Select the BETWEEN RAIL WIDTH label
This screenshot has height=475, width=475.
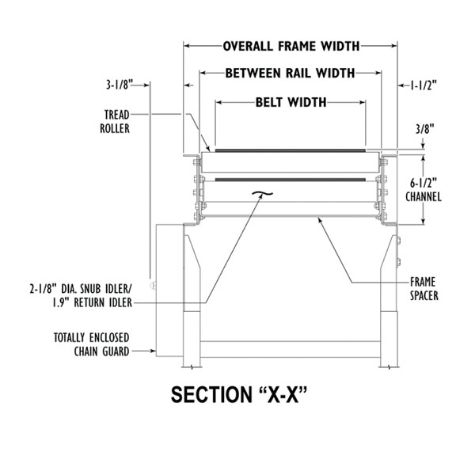(290, 74)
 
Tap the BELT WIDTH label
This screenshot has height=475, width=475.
(291, 102)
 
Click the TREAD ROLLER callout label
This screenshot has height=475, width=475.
(116, 120)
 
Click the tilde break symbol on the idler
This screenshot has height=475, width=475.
(257, 192)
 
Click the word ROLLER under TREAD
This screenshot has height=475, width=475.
(116, 127)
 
